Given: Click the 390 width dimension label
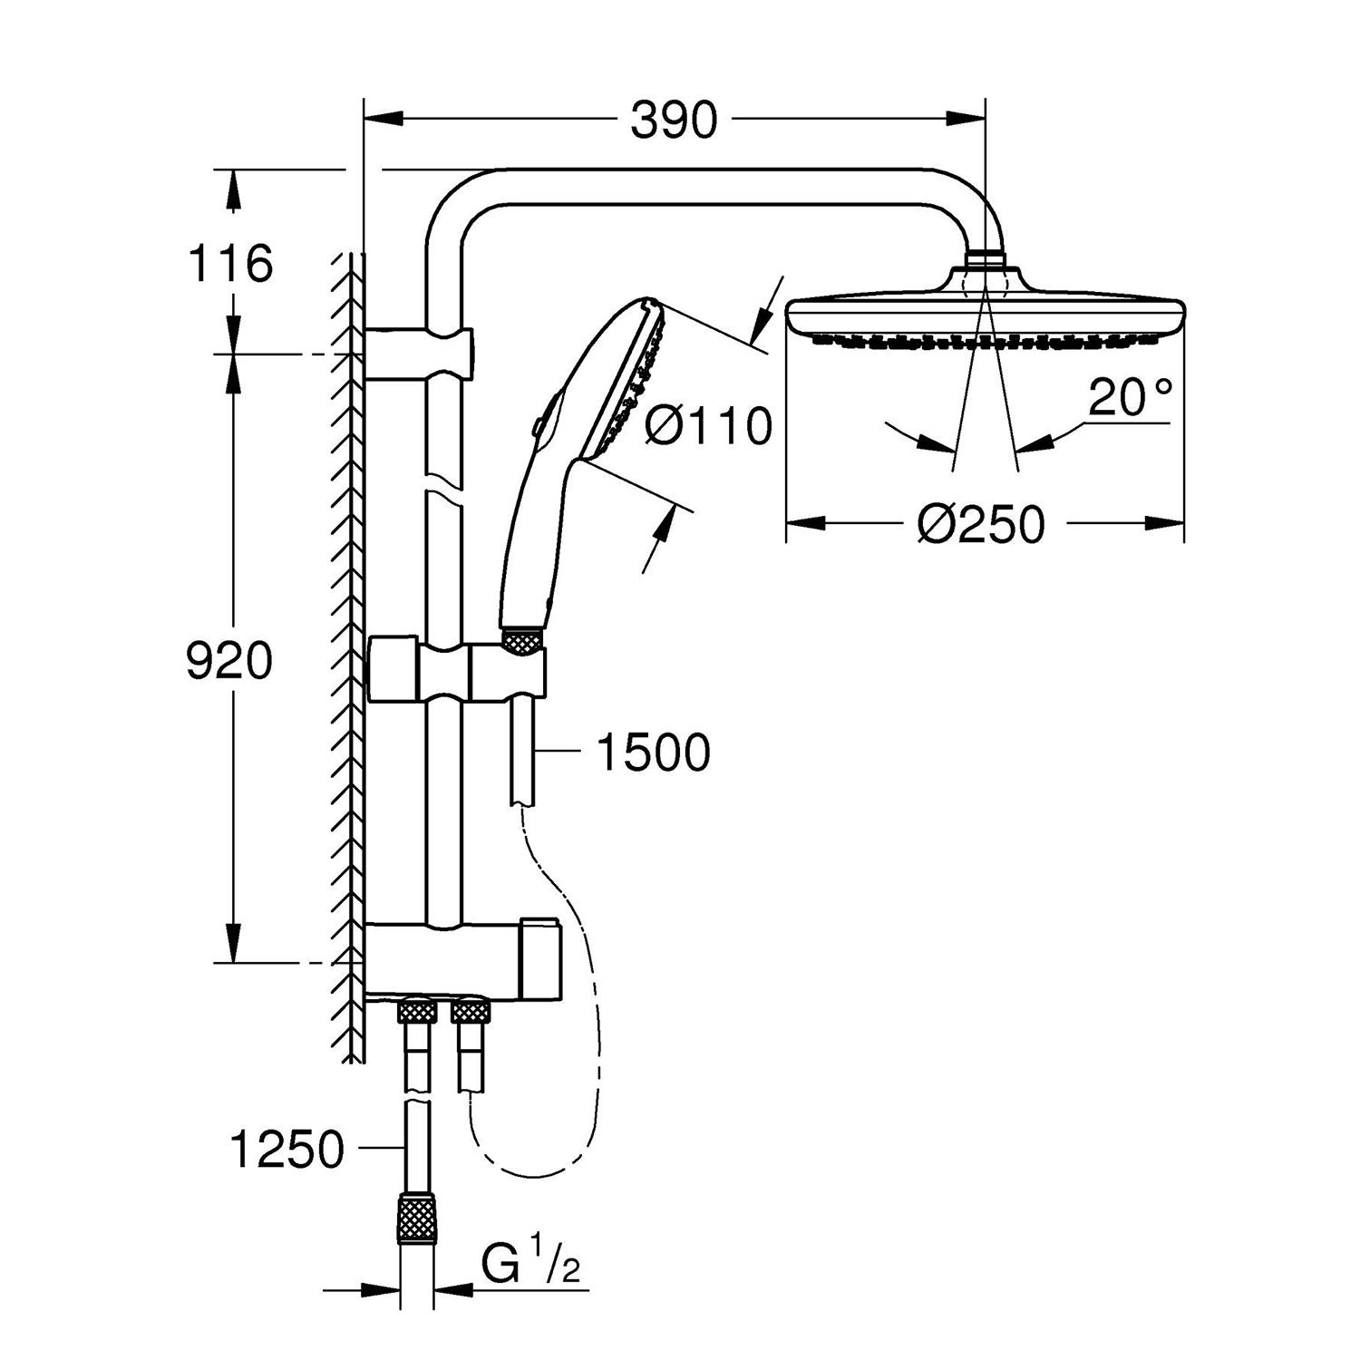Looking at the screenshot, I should (673, 121).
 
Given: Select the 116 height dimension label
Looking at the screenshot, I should (229, 265).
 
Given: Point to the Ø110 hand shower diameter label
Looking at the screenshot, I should (708, 425).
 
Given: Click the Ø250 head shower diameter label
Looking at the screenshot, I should (980, 524).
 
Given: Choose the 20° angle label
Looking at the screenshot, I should (1130, 396).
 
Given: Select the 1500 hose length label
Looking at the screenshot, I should (653, 752).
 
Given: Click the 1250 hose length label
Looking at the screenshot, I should (287, 1150).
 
